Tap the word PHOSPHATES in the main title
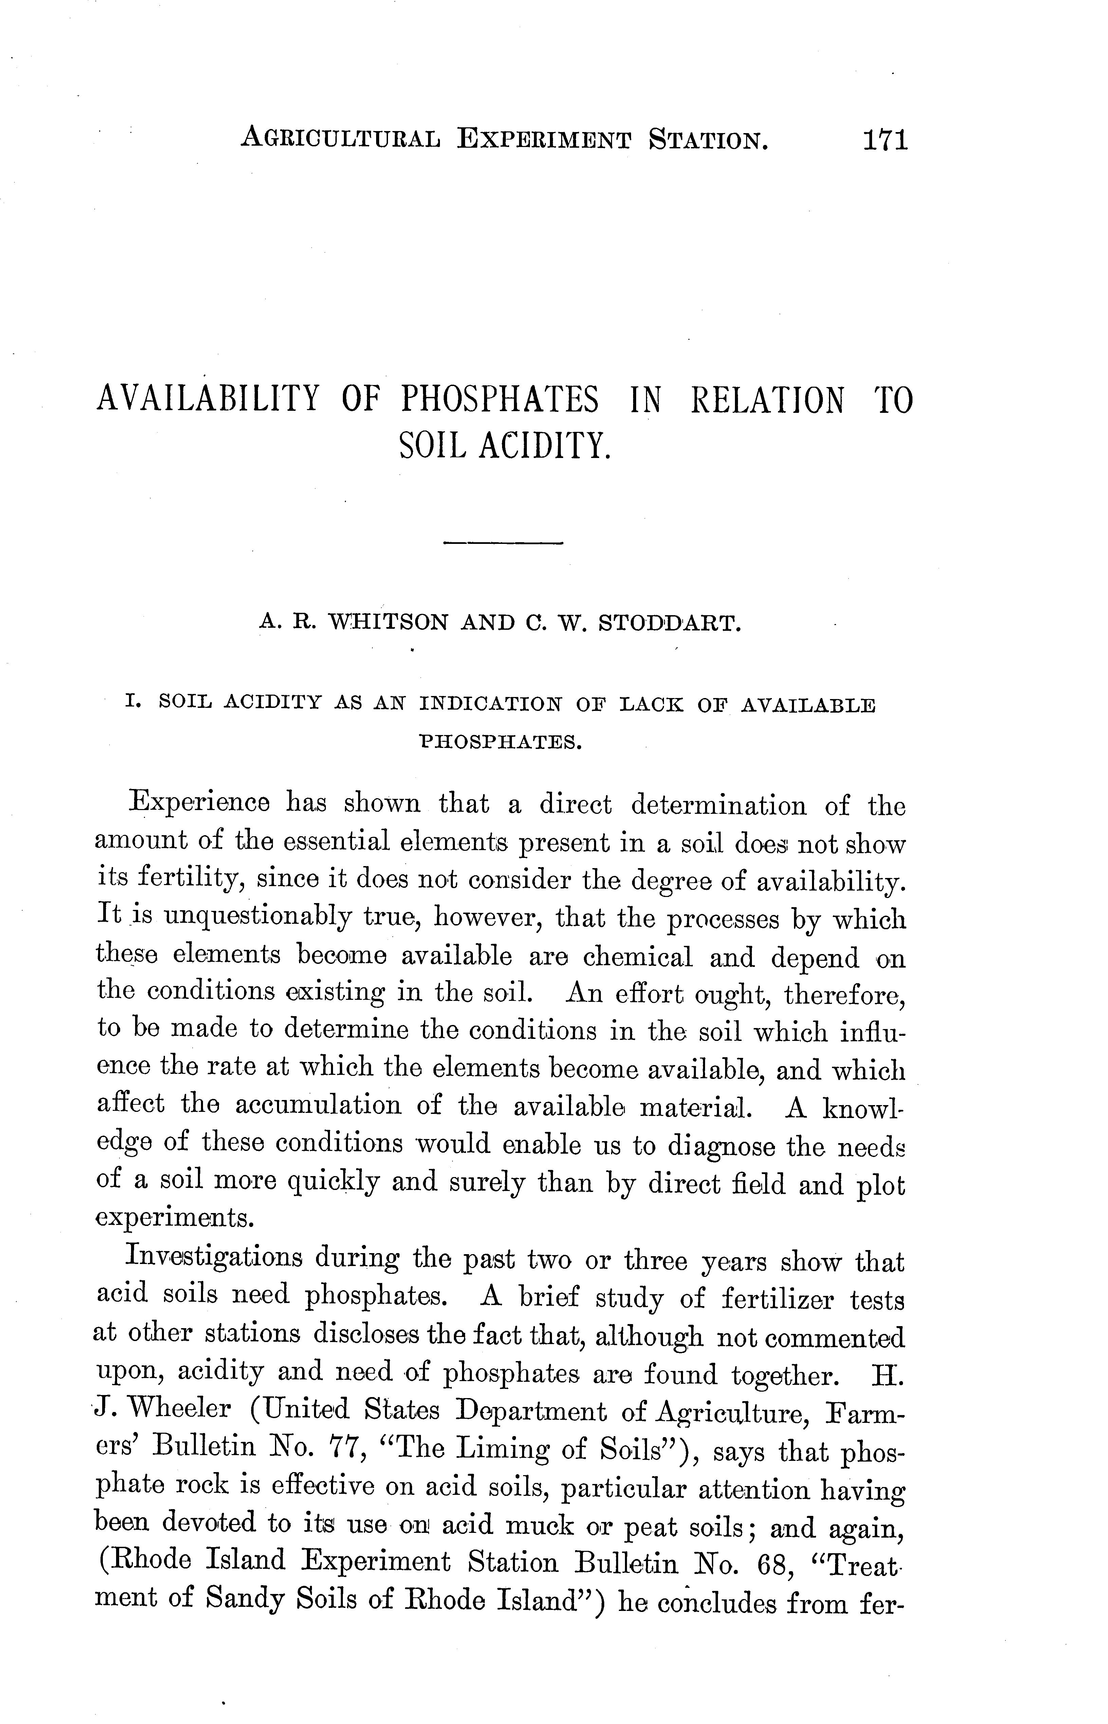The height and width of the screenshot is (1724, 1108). tap(499, 400)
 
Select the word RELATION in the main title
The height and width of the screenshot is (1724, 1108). tap(767, 400)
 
